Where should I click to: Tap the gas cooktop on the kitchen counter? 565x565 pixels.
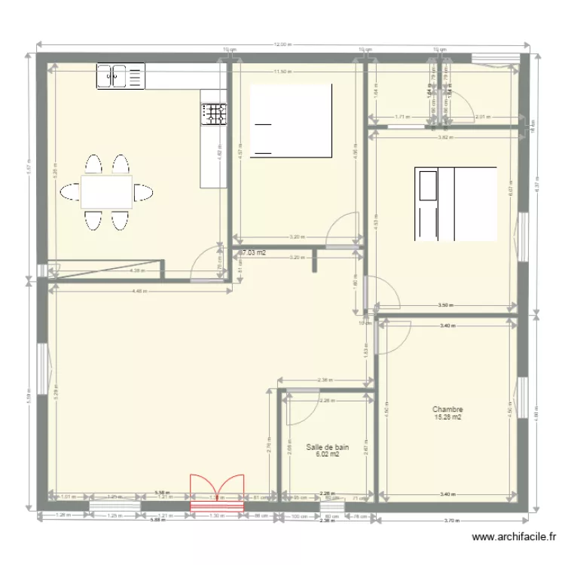pos(214,114)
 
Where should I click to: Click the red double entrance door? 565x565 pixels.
pos(217,493)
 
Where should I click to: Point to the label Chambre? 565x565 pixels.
pos(447,410)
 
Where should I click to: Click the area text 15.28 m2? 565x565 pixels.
pos(447,417)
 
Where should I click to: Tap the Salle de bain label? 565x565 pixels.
pos(327,447)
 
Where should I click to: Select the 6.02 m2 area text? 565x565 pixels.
pos(327,454)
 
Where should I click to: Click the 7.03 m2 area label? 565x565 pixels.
pos(254,253)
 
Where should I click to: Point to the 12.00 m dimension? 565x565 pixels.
pos(280,45)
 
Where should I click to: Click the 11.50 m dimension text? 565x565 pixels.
pos(280,72)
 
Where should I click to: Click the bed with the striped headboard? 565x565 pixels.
pos(455,204)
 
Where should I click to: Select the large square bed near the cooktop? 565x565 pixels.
pos(291,121)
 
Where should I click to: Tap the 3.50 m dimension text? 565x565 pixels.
pos(445,305)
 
